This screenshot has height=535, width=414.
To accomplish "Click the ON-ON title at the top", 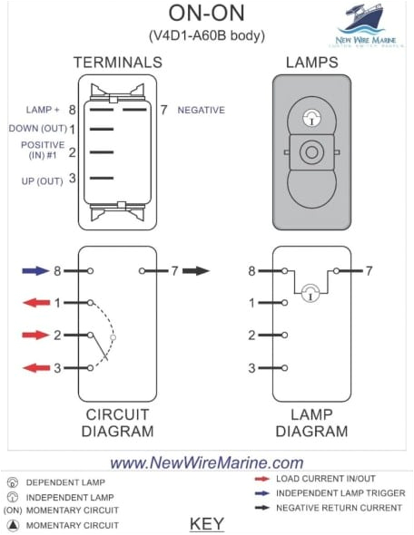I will tap(207, 14).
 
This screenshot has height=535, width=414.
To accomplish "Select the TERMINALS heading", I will tap(117, 63).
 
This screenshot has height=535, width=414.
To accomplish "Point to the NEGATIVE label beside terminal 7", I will tap(201, 111).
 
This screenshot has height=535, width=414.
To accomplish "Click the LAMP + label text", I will tap(43, 110).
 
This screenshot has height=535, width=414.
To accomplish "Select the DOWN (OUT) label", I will tap(35, 129).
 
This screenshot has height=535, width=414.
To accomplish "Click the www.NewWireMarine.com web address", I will tap(207, 462).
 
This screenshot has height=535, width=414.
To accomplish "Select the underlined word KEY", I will tap(207, 523).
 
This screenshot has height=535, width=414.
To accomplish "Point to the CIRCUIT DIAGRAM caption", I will tap(118, 423).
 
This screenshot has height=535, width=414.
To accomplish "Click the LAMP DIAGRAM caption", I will tap(311, 423).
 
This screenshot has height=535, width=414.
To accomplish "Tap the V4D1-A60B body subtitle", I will tap(207, 35).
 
